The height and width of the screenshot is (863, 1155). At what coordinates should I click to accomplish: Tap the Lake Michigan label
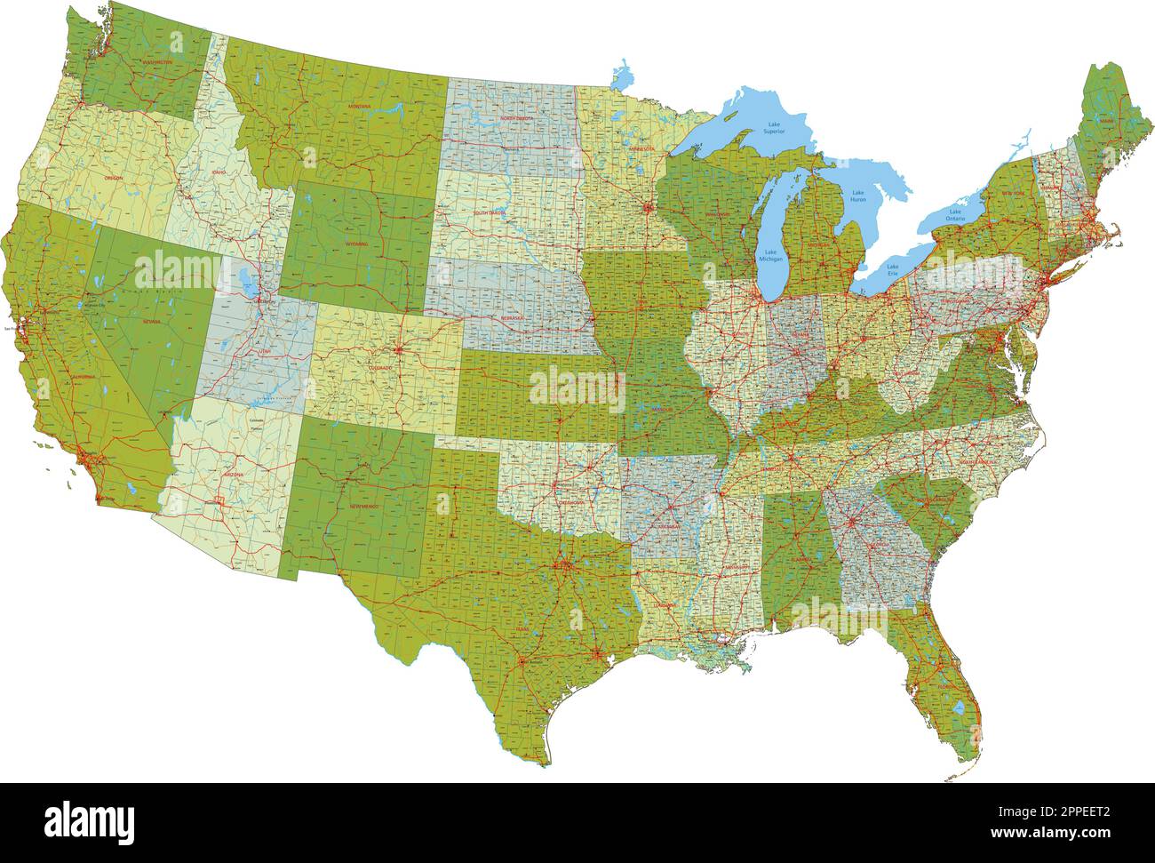coord(770,256)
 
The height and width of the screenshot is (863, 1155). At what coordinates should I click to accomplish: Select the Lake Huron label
coord(857,196)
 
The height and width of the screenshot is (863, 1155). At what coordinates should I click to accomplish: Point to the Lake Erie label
coord(892,268)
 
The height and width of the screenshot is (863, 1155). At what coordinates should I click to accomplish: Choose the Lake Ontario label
coord(955,214)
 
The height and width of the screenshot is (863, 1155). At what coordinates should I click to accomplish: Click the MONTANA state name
coord(360,107)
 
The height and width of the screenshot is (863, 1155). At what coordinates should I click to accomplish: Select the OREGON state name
coord(114,178)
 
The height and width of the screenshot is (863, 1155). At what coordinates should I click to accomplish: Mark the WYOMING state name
coord(357,243)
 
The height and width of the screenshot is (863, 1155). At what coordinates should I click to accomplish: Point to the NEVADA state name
coord(149,321)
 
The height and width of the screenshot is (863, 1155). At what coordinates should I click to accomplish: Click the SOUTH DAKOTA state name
coord(490,213)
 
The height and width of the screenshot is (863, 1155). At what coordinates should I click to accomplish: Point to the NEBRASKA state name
coord(512,317)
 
